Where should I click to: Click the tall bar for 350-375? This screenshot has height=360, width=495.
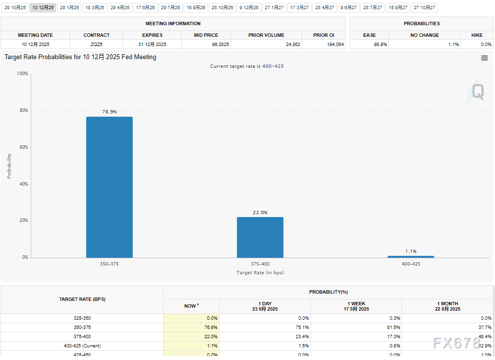[x=109, y=187]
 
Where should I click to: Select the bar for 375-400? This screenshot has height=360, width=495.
[x=260, y=237]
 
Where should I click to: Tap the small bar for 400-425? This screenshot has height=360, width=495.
[x=411, y=257]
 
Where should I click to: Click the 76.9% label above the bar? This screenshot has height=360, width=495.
[x=109, y=112]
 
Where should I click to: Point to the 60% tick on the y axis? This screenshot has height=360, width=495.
[x=23, y=147]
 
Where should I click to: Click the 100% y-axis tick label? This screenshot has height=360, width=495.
[x=22, y=74]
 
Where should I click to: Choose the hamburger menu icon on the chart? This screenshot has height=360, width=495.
[x=484, y=58]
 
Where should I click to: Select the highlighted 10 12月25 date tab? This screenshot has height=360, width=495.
[x=42, y=8]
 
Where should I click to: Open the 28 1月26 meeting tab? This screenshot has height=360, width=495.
[x=69, y=8]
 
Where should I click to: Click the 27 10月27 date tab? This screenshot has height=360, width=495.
[x=424, y=8]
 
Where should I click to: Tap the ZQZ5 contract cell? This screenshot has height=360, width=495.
[x=96, y=44]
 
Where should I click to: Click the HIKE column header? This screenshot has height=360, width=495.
[x=477, y=35]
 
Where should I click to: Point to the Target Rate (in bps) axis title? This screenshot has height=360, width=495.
[x=260, y=273]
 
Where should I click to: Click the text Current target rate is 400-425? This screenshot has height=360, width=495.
[x=247, y=66]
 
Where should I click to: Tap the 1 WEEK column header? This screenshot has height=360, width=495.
[x=356, y=306]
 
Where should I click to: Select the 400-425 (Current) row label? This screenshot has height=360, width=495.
[x=82, y=346]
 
